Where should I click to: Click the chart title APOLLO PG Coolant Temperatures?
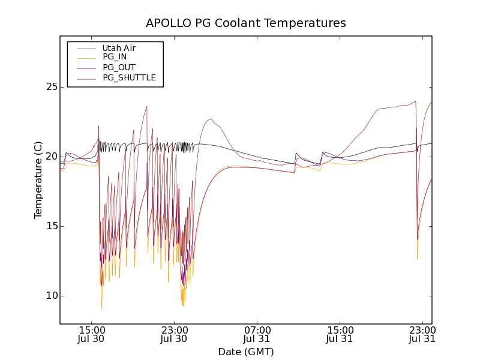[246, 23]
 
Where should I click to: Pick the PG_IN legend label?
[115, 57]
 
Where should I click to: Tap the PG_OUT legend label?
[119, 67]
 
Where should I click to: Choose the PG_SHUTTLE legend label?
[129, 77]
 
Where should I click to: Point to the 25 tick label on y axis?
[50, 87]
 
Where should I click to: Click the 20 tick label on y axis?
[50, 157]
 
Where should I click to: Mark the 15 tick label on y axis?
[50, 226]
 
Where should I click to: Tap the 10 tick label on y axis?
[50, 296]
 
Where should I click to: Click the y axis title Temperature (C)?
[38, 180]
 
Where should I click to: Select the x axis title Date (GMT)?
[246, 352]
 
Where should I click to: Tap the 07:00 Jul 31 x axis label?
[257, 334]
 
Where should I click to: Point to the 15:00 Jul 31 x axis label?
[340, 334]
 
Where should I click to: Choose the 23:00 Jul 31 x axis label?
[422, 334]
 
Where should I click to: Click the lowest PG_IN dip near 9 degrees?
[101, 307]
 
